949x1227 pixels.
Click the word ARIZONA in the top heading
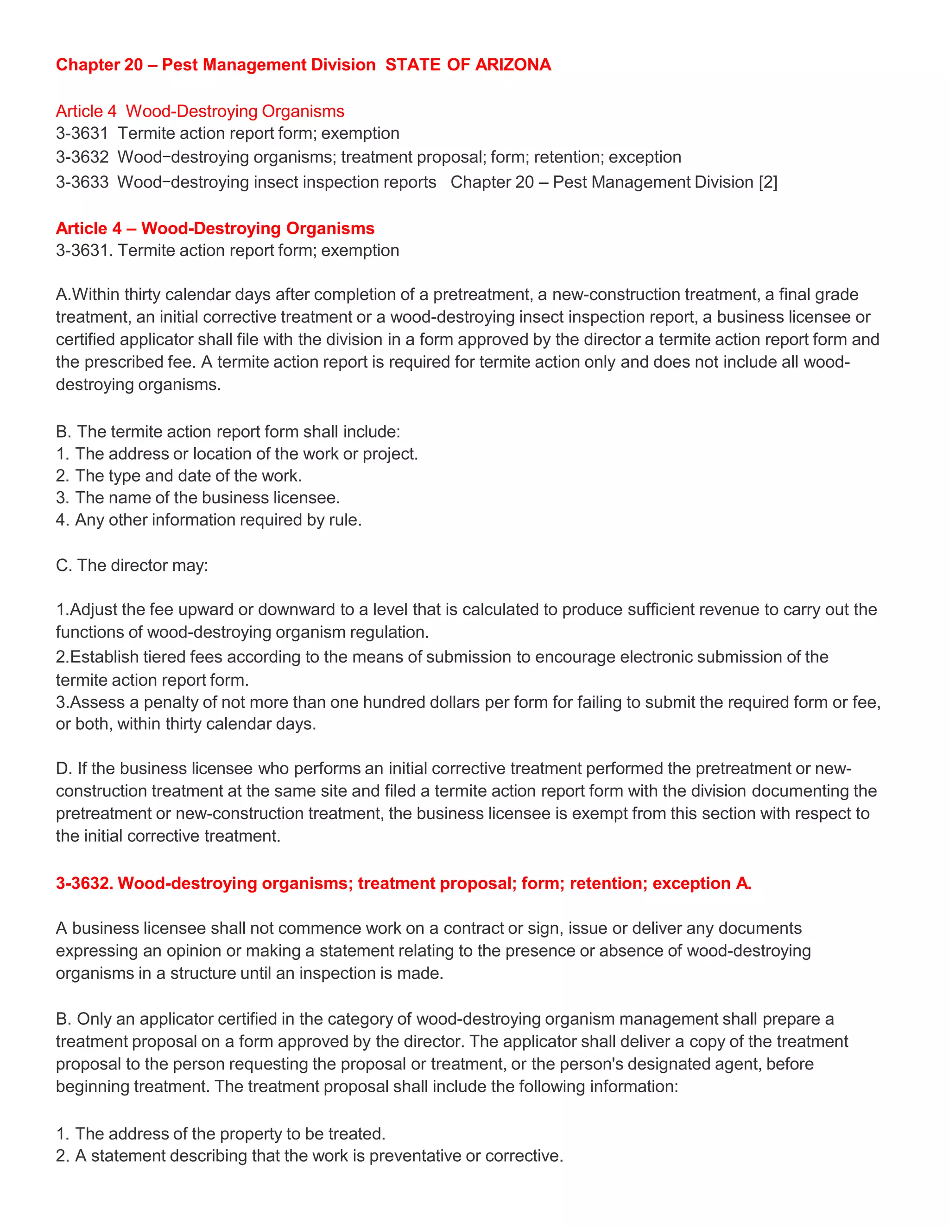coord(513,65)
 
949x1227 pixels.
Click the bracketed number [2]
coord(767,182)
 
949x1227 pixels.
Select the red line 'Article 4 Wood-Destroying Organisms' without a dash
coord(200,111)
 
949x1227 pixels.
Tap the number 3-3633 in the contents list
coord(82,182)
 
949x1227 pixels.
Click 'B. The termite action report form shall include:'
coord(228,432)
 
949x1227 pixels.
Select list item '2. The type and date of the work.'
coord(179,476)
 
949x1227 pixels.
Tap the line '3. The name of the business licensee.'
coord(198,498)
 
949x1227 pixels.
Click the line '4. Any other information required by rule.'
coord(209,520)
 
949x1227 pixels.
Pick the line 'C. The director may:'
coord(132,565)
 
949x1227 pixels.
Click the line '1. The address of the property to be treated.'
coord(221,1134)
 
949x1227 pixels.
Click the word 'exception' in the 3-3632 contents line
coord(645,157)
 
